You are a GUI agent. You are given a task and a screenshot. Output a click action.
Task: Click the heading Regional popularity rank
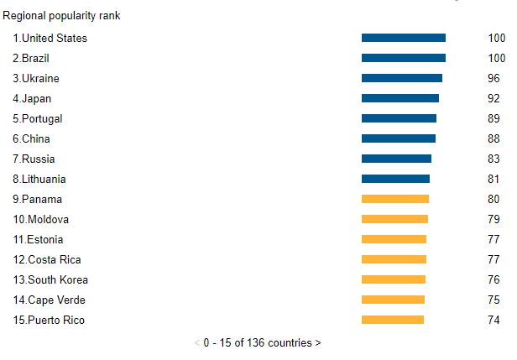click(x=61, y=16)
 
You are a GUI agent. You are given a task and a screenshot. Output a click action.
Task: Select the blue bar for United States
click(x=403, y=38)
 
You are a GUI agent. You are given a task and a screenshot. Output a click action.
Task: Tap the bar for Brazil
click(x=403, y=58)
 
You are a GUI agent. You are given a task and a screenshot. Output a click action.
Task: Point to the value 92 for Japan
click(x=494, y=98)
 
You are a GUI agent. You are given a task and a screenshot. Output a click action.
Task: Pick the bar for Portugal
click(x=399, y=118)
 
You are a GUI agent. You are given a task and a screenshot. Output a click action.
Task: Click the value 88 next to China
click(x=494, y=138)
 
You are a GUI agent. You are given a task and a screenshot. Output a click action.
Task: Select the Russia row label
click(x=39, y=159)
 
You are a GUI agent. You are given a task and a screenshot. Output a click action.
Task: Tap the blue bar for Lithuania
click(x=395, y=179)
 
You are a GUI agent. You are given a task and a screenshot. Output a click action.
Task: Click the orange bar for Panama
click(x=394, y=199)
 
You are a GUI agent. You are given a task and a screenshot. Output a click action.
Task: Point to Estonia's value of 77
click(x=494, y=239)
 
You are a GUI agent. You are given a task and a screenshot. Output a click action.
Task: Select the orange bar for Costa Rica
click(x=394, y=259)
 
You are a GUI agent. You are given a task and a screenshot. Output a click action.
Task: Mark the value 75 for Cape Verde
click(x=494, y=300)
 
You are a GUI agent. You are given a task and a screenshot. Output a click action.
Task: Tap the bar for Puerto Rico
click(x=393, y=320)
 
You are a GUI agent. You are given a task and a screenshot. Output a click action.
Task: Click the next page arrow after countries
click(x=318, y=342)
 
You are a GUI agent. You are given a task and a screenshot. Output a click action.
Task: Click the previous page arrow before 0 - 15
click(x=197, y=342)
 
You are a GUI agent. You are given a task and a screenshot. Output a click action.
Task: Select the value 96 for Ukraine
click(x=494, y=78)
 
